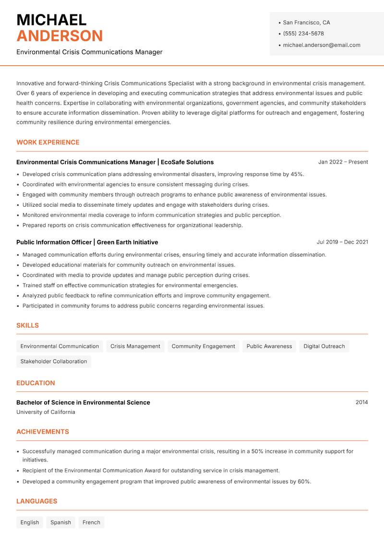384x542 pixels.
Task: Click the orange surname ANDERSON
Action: pos(60,36)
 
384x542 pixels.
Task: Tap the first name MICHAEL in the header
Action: pos(51,20)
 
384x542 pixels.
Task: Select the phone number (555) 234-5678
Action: pos(303,34)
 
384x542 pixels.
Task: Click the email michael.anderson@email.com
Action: pos(322,45)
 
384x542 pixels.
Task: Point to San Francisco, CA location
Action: pos(306,23)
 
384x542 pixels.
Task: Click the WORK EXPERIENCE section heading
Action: pos(48,142)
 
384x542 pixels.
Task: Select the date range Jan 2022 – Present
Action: pos(343,162)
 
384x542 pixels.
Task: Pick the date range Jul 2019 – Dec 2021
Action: pos(342,242)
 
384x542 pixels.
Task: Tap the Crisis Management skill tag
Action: pos(135,346)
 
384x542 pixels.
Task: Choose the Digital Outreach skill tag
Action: pos(324,346)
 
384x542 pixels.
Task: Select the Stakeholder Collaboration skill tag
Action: pos(54,362)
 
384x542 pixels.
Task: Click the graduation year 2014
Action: pos(361,402)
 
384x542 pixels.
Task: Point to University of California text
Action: pos(46,412)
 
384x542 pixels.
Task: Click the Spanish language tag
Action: pos(60,522)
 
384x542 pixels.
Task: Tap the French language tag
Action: pos(91,522)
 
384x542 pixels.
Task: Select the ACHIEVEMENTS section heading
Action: pos(43,432)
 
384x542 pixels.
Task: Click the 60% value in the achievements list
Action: pos(304,482)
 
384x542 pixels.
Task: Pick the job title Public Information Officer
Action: pos(54,242)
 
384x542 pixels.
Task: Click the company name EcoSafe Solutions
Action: pos(187,162)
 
